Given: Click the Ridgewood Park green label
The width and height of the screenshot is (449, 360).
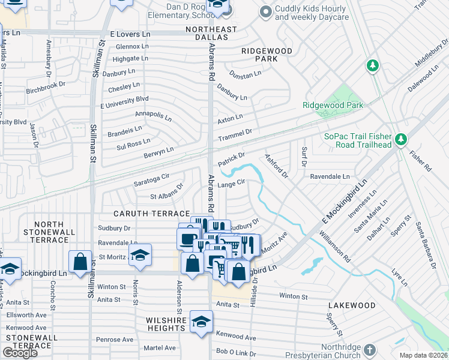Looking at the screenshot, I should click(x=333, y=105).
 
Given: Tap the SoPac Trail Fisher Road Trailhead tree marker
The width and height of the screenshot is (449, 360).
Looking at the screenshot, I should click(x=401, y=140).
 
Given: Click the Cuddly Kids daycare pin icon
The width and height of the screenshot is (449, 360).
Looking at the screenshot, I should click(x=265, y=11).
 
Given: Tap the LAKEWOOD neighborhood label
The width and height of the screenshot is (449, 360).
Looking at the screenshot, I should click(x=352, y=305).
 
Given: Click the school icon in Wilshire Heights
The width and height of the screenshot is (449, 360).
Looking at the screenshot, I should click(x=201, y=321).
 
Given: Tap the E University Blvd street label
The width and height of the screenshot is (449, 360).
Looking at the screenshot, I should click(x=124, y=98).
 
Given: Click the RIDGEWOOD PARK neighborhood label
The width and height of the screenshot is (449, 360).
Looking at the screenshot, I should click(x=259, y=55).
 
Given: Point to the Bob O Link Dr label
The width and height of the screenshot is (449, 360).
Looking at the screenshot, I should click(x=236, y=351).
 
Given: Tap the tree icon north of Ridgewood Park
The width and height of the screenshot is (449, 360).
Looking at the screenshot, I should click(x=373, y=65).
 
